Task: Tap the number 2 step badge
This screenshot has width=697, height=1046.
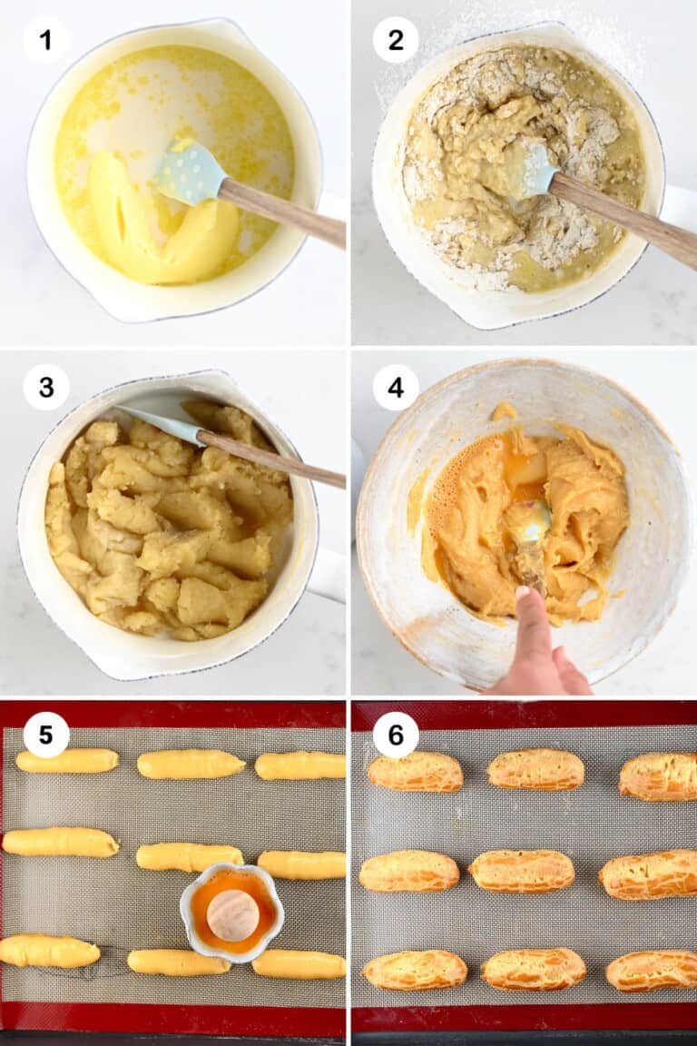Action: [396, 40]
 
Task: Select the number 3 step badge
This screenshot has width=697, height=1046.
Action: [45, 388]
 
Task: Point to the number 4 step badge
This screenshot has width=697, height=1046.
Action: [396, 388]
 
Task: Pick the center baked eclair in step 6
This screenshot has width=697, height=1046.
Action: [522, 871]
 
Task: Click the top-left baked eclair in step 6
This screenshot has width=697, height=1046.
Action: [416, 772]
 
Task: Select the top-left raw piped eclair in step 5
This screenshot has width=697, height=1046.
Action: [67, 761]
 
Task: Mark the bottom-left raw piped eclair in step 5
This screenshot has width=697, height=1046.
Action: [49, 951]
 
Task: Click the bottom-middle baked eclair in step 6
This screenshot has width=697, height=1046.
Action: [534, 969]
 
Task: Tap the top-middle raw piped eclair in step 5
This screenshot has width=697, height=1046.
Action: [191, 764]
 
